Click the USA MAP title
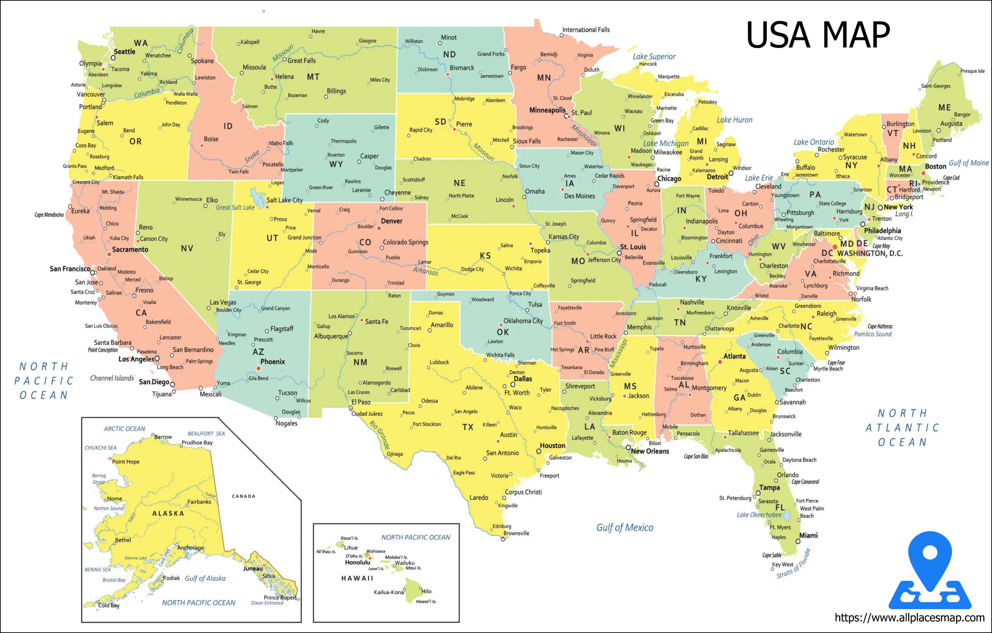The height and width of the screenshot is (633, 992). point(818,36)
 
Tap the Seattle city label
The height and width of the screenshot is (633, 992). point(125,51)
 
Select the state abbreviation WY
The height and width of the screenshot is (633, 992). point(336,164)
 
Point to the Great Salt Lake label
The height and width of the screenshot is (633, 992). point(235,207)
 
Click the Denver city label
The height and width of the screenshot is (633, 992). point(391,221)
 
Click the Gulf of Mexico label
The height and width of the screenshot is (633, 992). point(625,527)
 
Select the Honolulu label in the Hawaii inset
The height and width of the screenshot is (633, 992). point(357,562)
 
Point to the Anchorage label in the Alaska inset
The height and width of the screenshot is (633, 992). point(190,548)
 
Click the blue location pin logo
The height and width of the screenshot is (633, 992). point(930,571)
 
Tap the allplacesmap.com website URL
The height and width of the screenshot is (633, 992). point(909,617)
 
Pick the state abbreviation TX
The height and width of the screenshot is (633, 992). point(468,427)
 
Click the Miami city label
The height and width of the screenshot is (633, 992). point(808,535)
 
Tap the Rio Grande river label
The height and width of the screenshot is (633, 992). point(379,435)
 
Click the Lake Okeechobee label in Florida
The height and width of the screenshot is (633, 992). point(759,515)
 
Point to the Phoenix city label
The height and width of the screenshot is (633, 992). point(272,361)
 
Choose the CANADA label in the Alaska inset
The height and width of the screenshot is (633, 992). point(244,496)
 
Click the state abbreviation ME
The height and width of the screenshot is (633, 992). point(944,108)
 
